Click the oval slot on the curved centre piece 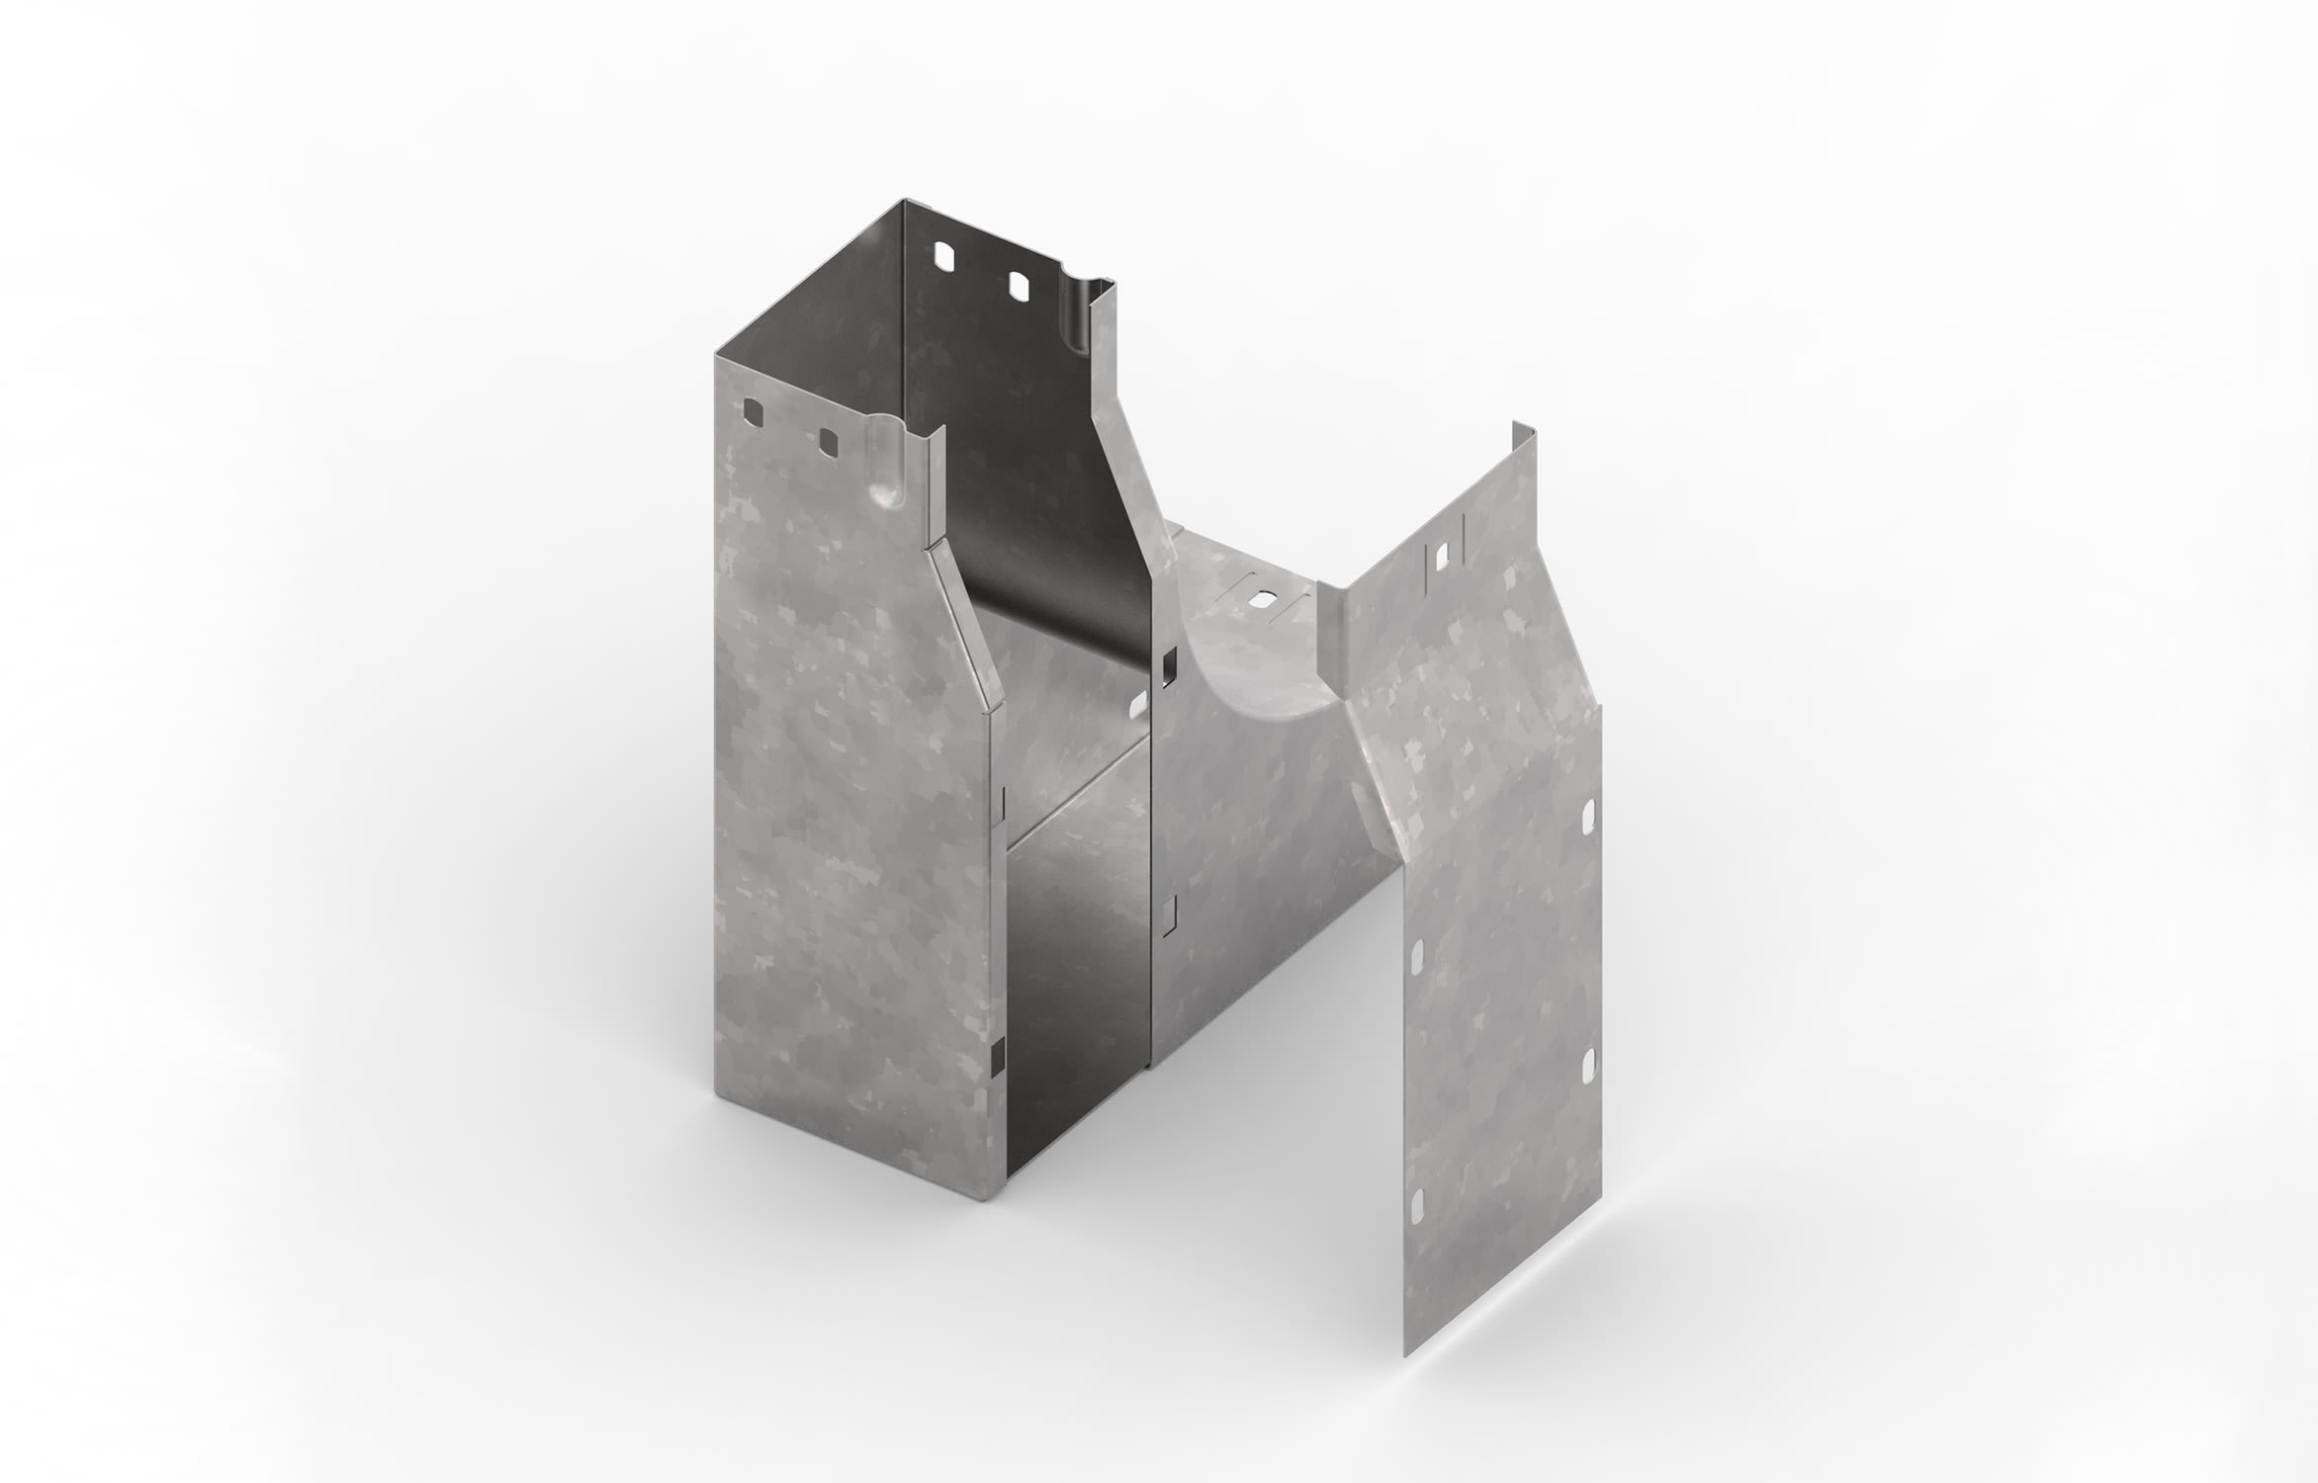[1263, 598]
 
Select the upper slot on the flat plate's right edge [1588, 816]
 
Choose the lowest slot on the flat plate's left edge [1416, 1204]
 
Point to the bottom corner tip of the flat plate [1410, 1353]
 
